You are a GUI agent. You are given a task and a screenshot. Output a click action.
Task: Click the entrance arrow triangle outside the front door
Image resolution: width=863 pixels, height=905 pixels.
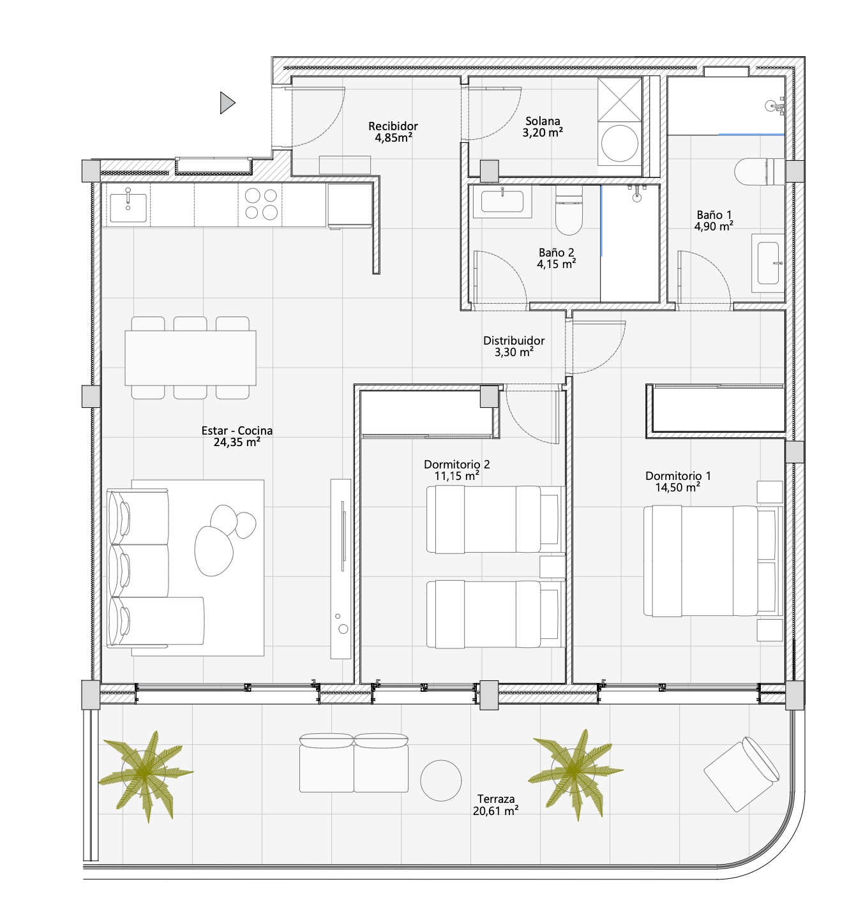226,103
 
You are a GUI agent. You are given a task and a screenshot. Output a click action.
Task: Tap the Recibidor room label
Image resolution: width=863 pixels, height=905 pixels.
393,126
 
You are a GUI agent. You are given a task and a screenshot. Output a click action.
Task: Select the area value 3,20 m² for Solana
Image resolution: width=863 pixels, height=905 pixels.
543,133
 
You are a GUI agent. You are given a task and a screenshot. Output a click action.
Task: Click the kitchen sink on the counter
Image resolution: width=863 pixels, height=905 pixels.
128,207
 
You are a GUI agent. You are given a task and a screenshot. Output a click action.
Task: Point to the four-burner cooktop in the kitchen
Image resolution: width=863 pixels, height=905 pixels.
261,204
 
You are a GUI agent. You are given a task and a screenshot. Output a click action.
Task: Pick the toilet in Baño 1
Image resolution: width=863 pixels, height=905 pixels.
760,172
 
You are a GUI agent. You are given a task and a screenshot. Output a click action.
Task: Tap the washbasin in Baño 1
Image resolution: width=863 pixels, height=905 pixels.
768,264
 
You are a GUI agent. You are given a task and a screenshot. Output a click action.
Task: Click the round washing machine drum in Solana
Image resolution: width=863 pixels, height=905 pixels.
619,143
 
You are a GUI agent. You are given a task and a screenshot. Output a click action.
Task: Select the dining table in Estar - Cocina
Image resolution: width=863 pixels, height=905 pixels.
190,358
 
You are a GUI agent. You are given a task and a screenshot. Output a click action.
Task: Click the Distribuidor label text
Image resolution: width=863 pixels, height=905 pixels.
513,341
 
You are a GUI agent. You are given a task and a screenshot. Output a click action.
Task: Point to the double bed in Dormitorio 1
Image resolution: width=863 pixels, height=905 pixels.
713,561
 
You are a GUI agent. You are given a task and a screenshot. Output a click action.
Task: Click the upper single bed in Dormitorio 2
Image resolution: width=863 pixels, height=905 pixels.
495,520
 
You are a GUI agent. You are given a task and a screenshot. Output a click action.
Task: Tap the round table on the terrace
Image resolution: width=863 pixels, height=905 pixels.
440,781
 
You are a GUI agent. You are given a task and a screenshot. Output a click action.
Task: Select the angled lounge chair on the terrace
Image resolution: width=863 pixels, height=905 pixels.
742,774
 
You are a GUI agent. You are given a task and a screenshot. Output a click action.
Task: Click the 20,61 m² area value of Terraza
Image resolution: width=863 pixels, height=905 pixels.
495,811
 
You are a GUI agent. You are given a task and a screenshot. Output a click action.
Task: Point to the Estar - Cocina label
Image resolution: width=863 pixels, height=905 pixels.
237,430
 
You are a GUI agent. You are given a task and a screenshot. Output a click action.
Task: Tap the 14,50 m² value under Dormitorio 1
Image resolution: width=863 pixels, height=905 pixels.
678,487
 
